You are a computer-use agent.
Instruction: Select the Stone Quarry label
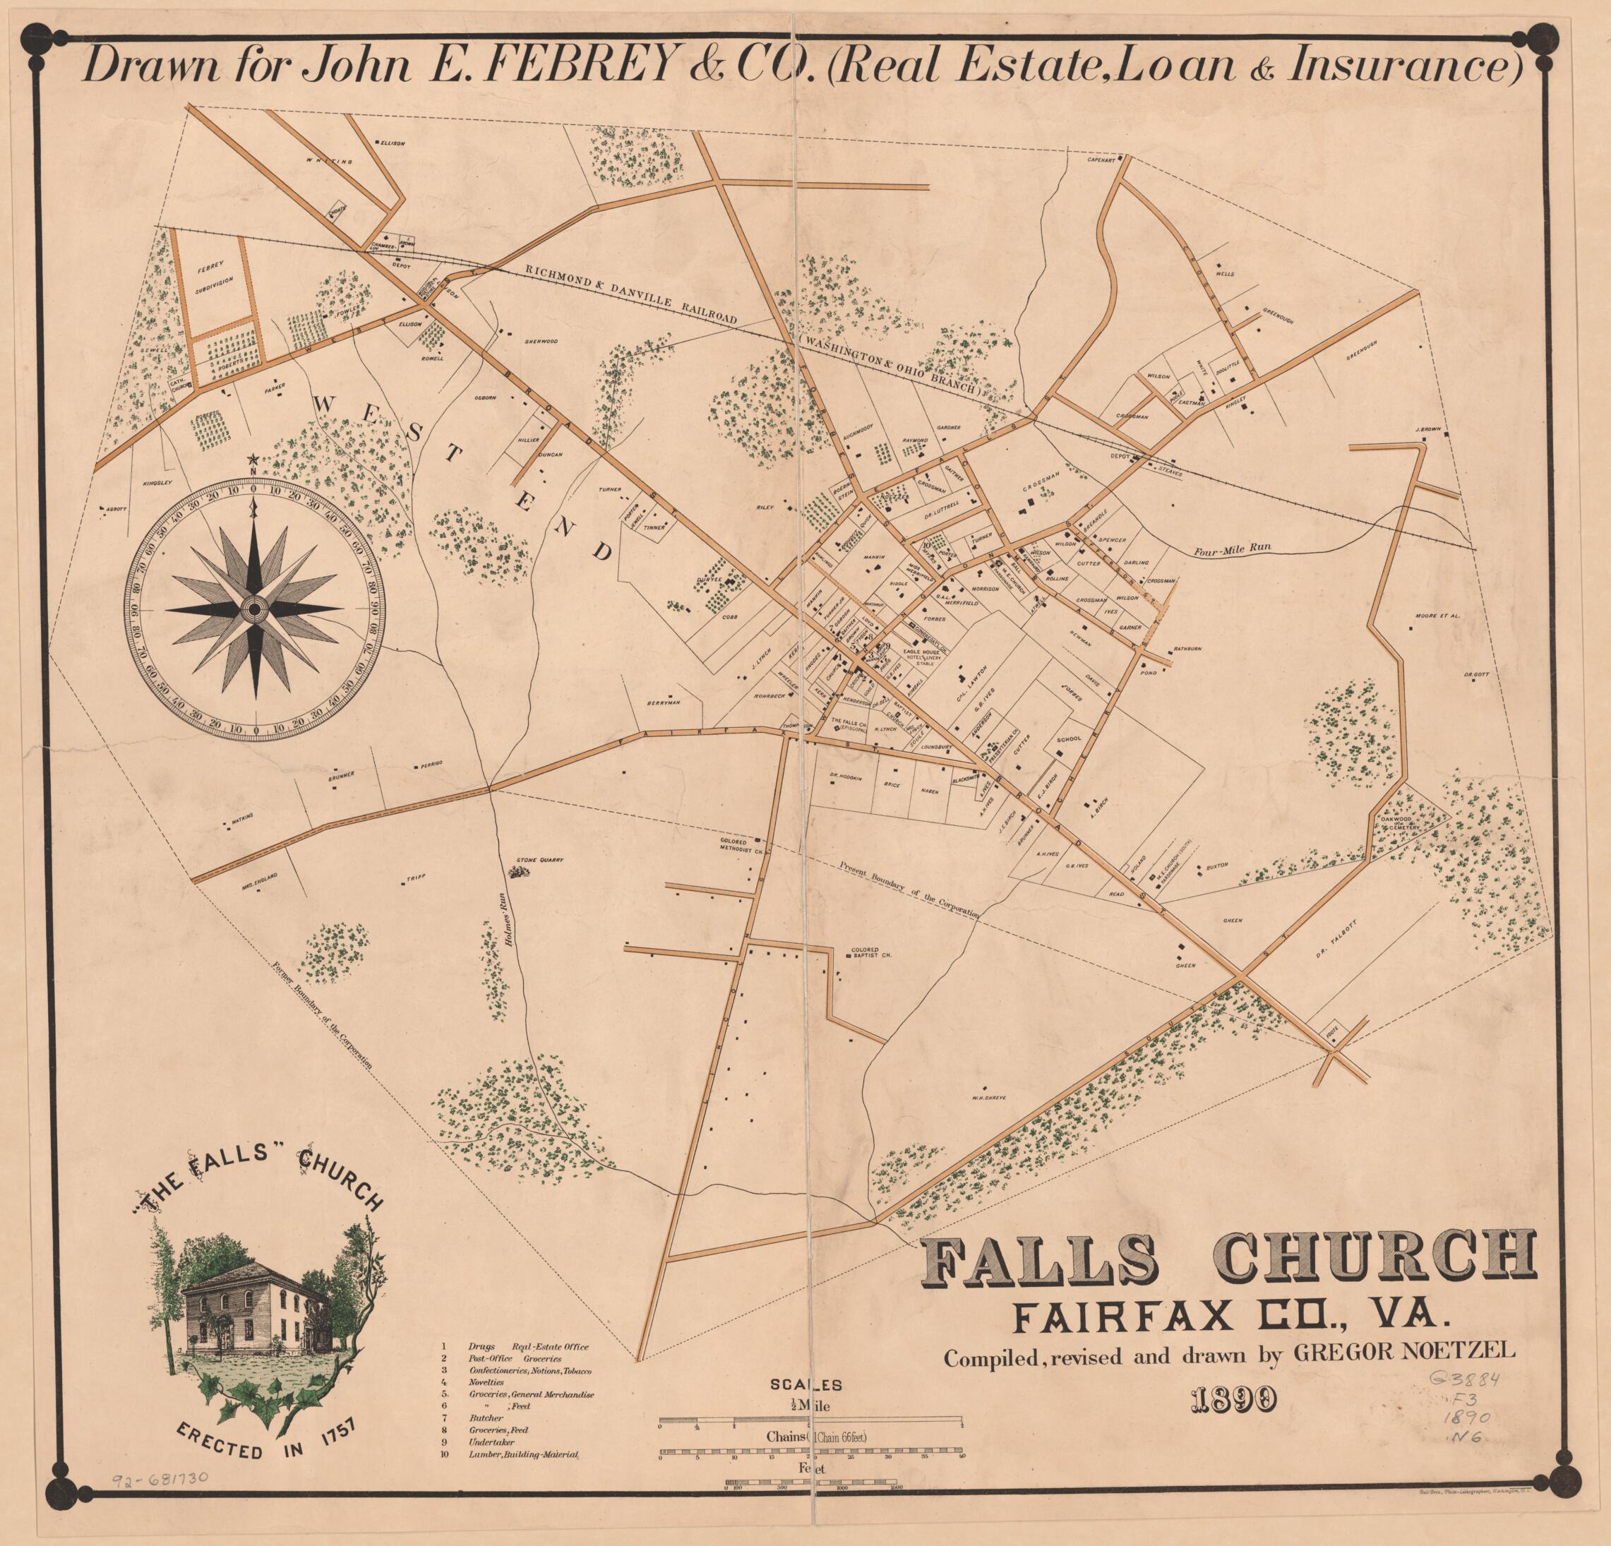tap(539, 861)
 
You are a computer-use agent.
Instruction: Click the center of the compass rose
tap(256, 609)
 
